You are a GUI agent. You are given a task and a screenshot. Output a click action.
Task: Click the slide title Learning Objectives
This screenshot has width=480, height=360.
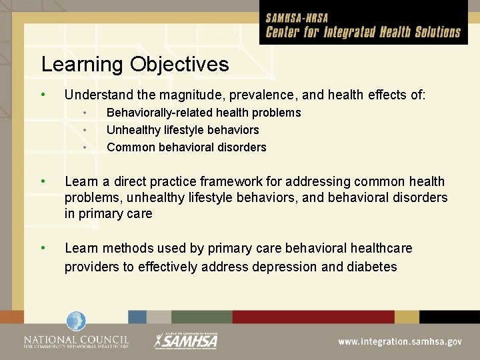click(135, 65)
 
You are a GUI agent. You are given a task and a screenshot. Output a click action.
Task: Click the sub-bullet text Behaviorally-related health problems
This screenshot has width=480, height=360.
click(203, 113)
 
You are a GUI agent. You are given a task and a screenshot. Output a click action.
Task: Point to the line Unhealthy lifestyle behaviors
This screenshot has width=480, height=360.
click(183, 130)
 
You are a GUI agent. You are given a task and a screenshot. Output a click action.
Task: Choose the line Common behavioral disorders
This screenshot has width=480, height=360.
click(186, 147)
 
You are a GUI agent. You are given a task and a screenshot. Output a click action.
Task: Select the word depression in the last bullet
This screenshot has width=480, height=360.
click(301, 267)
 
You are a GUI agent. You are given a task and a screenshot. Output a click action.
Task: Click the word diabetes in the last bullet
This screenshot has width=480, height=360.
click(372, 267)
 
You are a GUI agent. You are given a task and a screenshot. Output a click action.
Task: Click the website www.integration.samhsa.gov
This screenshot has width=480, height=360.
click(399, 341)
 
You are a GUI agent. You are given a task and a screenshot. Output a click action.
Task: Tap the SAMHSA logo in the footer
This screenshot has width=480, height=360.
click(186, 340)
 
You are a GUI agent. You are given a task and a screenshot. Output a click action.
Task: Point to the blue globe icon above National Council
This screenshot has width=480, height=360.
click(76, 321)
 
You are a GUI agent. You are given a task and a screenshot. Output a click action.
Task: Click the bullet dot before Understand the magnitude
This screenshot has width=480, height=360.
click(43, 94)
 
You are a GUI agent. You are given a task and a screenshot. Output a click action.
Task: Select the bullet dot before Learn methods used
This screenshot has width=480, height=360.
click(43, 248)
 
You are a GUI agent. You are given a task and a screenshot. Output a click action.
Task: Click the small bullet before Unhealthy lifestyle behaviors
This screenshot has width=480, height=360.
click(85, 130)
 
